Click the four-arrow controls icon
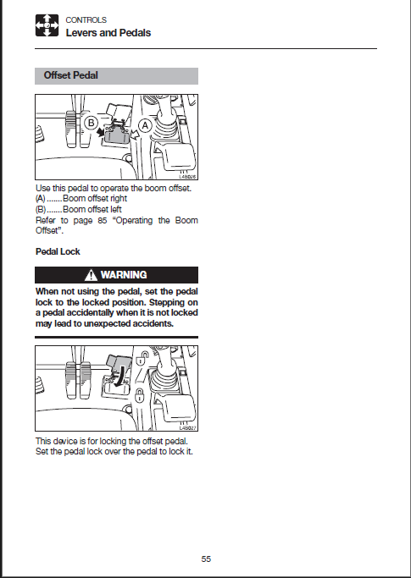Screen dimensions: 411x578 click(x=47, y=25)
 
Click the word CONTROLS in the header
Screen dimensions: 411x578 click(x=86, y=20)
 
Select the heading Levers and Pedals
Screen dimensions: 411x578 click(x=108, y=33)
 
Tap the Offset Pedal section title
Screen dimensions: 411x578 click(x=71, y=75)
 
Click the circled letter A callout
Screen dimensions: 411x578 click(x=145, y=126)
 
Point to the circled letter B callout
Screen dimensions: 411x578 click(x=92, y=123)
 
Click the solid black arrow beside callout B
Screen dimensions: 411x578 click(x=101, y=132)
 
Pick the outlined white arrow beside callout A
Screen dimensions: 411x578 click(x=135, y=135)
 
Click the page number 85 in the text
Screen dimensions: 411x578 click(x=103, y=220)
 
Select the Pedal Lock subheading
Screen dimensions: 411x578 click(x=58, y=252)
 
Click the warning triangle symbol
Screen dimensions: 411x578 click(x=91, y=275)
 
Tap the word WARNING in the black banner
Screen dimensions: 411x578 click(x=124, y=275)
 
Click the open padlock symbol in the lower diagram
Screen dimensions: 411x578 click(x=142, y=358)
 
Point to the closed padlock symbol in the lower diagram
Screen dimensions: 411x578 click(x=139, y=396)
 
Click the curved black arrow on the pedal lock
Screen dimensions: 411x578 click(x=119, y=377)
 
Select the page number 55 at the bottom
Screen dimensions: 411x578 click(x=206, y=559)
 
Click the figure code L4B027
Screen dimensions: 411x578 click(x=188, y=428)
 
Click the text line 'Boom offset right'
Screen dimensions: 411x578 click(x=95, y=198)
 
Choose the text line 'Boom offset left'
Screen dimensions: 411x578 click(x=92, y=209)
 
